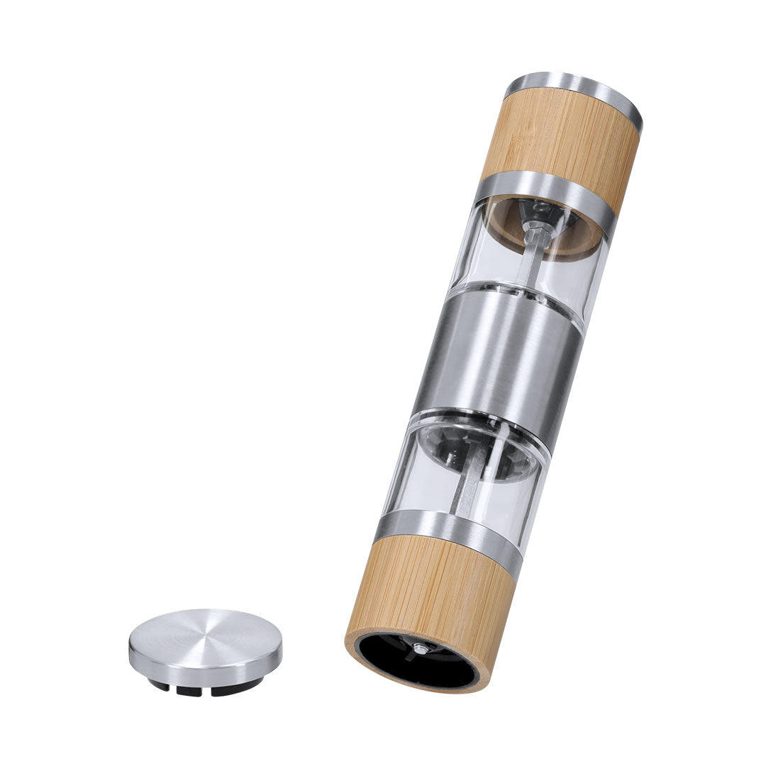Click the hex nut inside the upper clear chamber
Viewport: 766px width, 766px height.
pos(537,231)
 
